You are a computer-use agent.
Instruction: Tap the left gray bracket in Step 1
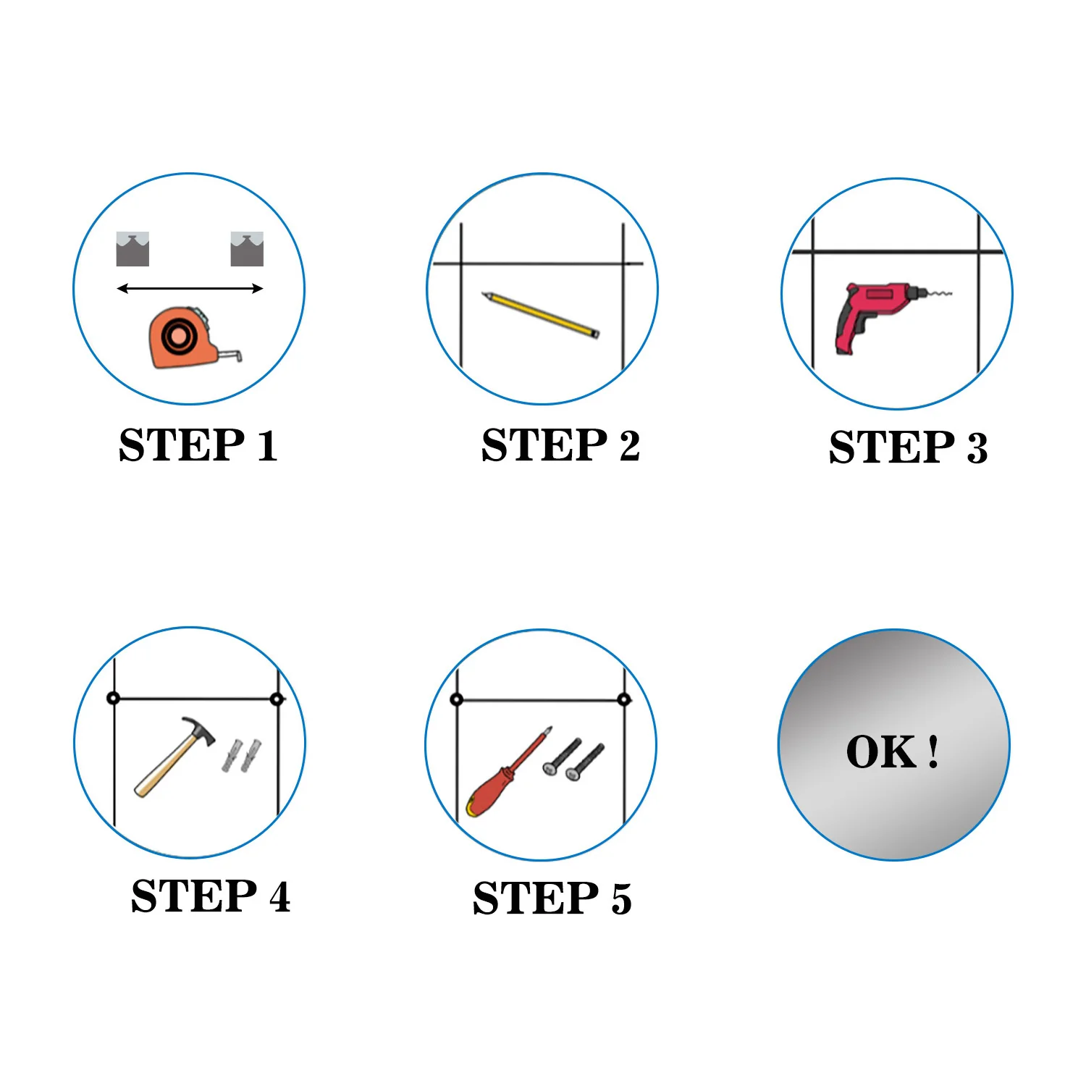(x=132, y=250)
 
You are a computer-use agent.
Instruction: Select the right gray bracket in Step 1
(x=247, y=250)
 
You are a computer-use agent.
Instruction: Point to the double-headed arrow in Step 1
(x=190, y=289)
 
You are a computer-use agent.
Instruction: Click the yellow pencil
(x=541, y=315)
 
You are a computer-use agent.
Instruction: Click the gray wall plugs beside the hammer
(x=242, y=755)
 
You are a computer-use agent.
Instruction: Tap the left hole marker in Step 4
(x=113, y=698)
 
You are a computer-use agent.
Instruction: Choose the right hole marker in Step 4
(x=276, y=699)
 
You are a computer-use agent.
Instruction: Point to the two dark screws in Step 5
(x=573, y=759)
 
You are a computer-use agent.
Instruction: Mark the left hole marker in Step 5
(x=456, y=699)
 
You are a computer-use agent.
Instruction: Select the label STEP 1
(x=198, y=445)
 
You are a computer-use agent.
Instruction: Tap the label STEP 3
(x=908, y=447)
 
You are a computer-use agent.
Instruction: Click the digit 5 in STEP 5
(x=621, y=898)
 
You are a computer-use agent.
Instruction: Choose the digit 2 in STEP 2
(x=629, y=445)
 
